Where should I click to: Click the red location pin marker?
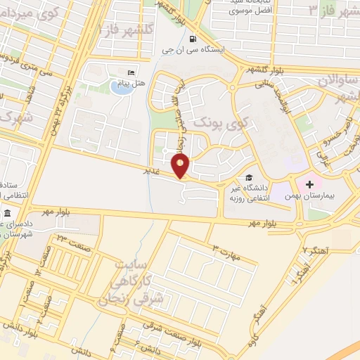click(181, 167)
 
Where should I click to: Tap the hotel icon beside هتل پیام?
click(130, 73)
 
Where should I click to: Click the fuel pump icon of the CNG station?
click(193, 39)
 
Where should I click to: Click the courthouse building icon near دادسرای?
click(8, 213)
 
